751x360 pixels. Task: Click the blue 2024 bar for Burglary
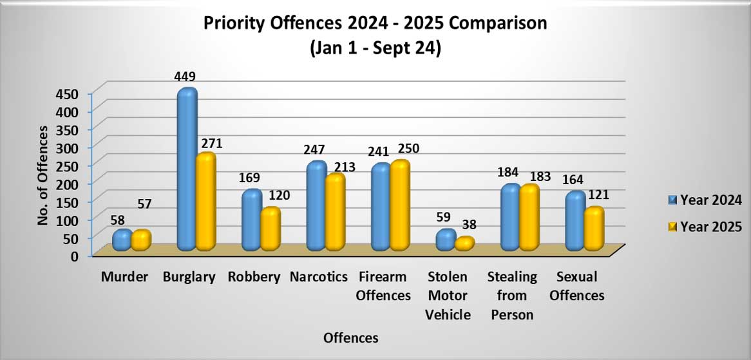click(x=187, y=171)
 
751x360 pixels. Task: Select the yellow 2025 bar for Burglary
click(x=206, y=203)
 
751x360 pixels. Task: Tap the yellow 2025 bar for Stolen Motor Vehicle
click(x=464, y=243)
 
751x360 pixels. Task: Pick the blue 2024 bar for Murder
click(x=122, y=240)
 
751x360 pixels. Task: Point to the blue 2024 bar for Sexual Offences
click(x=575, y=221)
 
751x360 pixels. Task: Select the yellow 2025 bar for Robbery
click(x=271, y=229)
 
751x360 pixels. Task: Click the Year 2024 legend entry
click(x=703, y=200)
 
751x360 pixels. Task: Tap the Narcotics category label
click(x=318, y=278)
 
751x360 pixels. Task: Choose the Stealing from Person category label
click(x=512, y=296)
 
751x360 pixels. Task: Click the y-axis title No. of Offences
click(x=43, y=175)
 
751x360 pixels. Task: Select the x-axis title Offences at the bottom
click(x=351, y=337)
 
